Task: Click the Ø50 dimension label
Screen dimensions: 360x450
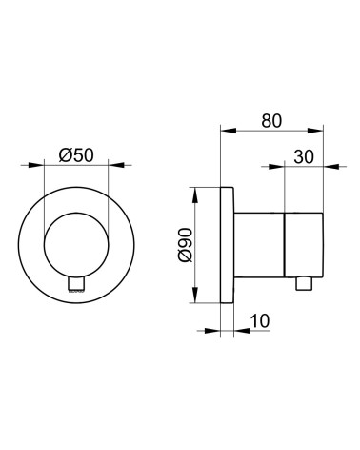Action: (76, 155)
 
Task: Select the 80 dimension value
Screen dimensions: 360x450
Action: (271, 121)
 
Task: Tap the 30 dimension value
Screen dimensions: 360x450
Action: (304, 157)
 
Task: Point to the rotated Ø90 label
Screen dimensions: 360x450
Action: (186, 245)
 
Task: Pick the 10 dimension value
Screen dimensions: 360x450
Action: (260, 321)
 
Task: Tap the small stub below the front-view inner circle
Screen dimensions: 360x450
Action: (76, 284)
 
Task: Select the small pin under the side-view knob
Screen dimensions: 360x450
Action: (304, 283)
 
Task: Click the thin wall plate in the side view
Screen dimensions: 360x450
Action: (227, 245)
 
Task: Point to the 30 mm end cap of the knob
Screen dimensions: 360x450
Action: (304, 245)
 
